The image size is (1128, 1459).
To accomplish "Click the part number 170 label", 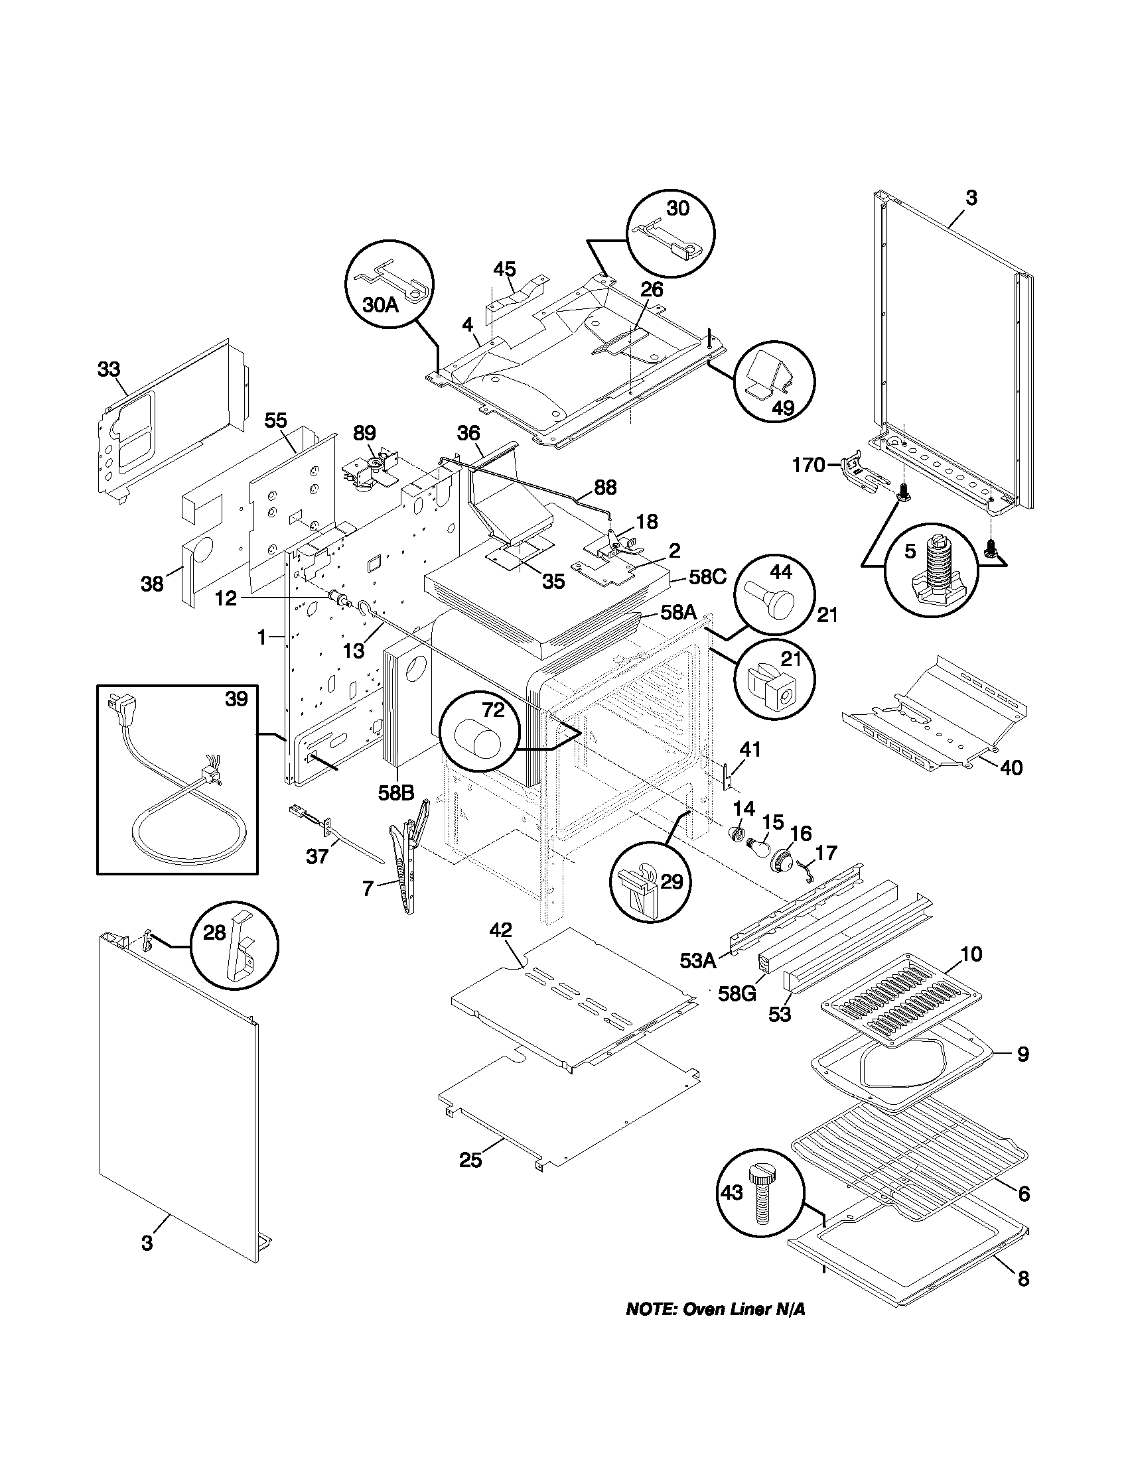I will tap(809, 465).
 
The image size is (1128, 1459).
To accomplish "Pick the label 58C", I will tap(707, 577).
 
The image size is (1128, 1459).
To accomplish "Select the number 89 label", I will tap(364, 433).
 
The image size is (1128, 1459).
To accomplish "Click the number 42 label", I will tap(500, 930).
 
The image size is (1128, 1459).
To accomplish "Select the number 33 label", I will tap(109, 369).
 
